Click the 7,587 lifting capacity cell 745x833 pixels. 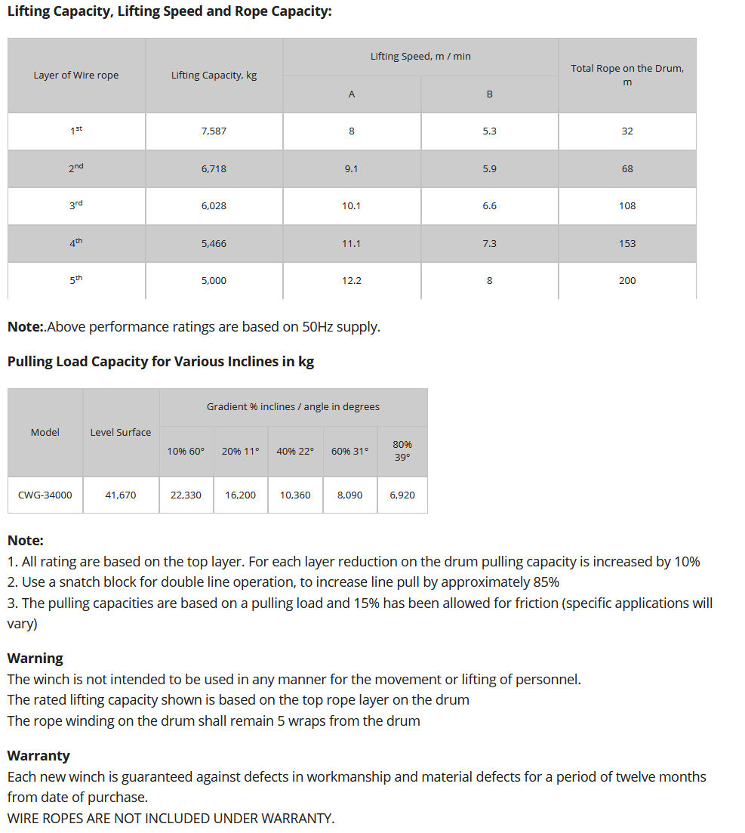click(214, 131)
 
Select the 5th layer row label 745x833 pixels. click(76, 280)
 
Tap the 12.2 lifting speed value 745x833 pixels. click(352, 281)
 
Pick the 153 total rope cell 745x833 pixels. click(627, 244)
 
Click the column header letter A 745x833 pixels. click(352, 94)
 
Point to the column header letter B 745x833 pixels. click(489, 94)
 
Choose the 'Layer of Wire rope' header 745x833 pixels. click(76, 76)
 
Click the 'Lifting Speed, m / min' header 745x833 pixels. click(420, 57)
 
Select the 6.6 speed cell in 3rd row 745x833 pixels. click(489, 206)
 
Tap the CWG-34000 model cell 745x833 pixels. click(45, 495)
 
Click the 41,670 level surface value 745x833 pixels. click(121, 495)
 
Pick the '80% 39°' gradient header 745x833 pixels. click(402, 451)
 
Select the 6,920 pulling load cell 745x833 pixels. click(402, 495)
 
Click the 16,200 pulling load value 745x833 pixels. click(241, 495)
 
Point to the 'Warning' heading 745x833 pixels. click(35, 658)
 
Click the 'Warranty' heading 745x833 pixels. click(38, 755)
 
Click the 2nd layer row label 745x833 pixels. click(76, 168)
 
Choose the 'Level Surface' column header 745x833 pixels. click(121, 433)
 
